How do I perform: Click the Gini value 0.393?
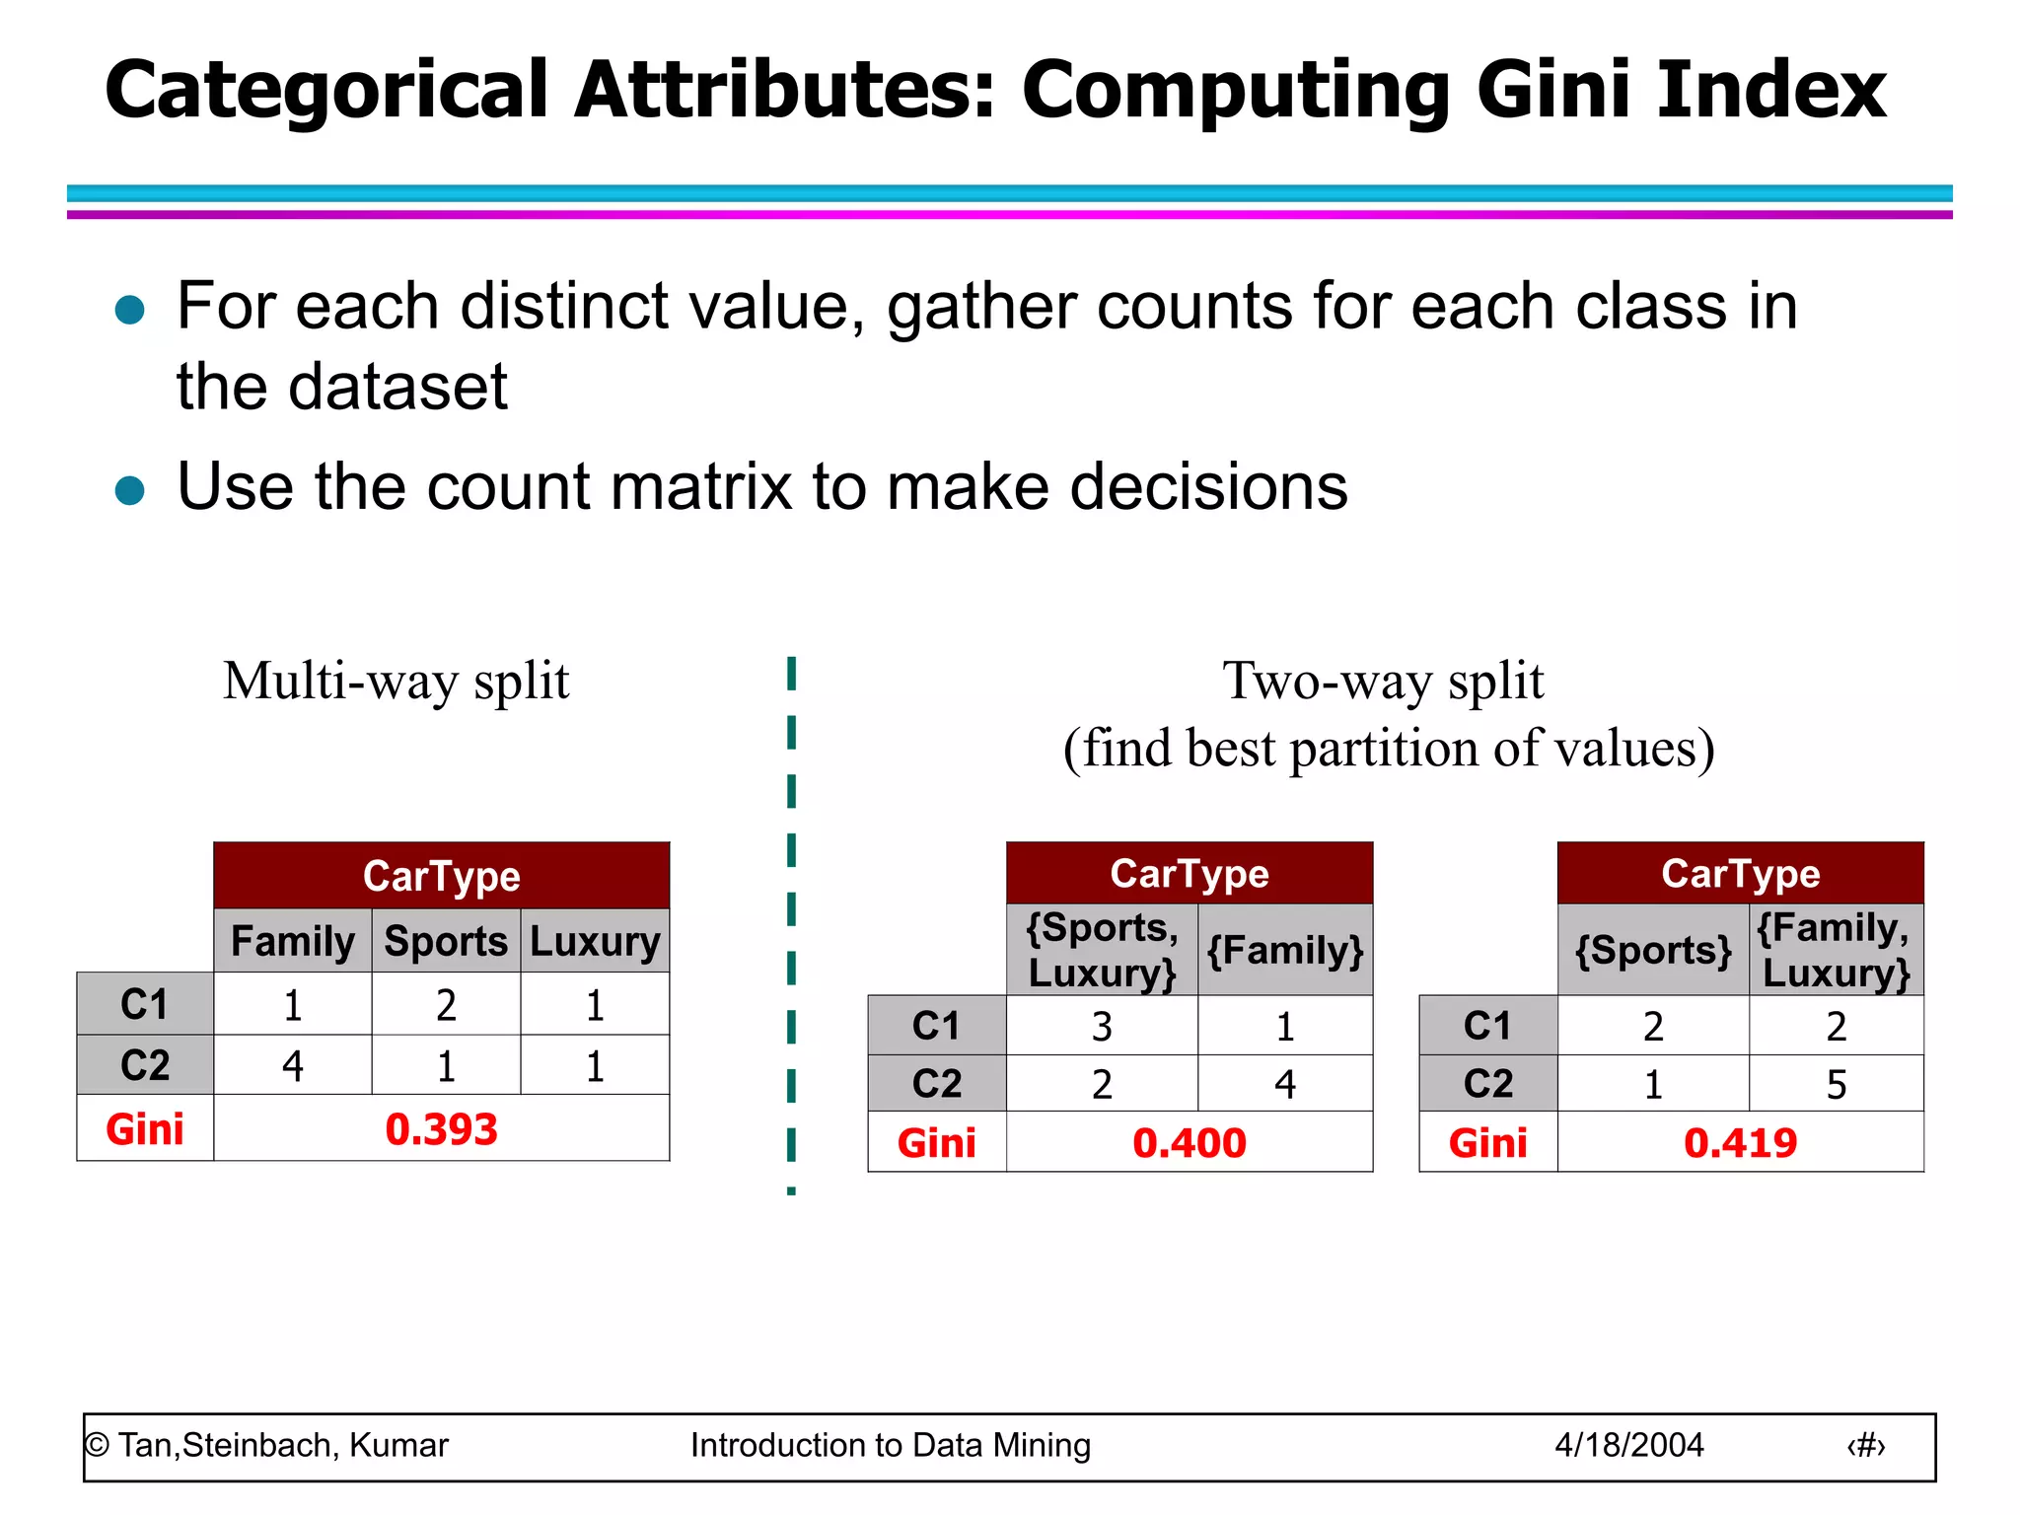coord(441,1129)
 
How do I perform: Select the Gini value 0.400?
coord(1190,1143)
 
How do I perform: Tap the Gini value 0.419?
coord(1741,1143)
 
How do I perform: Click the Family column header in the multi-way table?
coord(293,941)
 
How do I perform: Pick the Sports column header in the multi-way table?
coord(446,941)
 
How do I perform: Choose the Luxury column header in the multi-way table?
coord(595,941)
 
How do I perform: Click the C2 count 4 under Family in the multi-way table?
coord(293,1066)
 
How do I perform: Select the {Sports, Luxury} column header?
coord(1102,950)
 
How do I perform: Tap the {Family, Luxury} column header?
coord(1836,950)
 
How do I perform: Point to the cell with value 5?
coord(1836,1085)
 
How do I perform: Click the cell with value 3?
coord(1102,1027)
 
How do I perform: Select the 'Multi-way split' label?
coord(396,682)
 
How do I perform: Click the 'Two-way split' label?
coord(1383,682)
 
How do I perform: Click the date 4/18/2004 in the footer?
coord(1629,1445)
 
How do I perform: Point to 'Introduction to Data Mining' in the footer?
coord(891,1445)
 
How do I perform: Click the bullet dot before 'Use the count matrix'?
coord(130,490)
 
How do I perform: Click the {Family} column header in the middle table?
coord(1285,950)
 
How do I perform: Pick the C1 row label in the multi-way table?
coord(145,1005)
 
